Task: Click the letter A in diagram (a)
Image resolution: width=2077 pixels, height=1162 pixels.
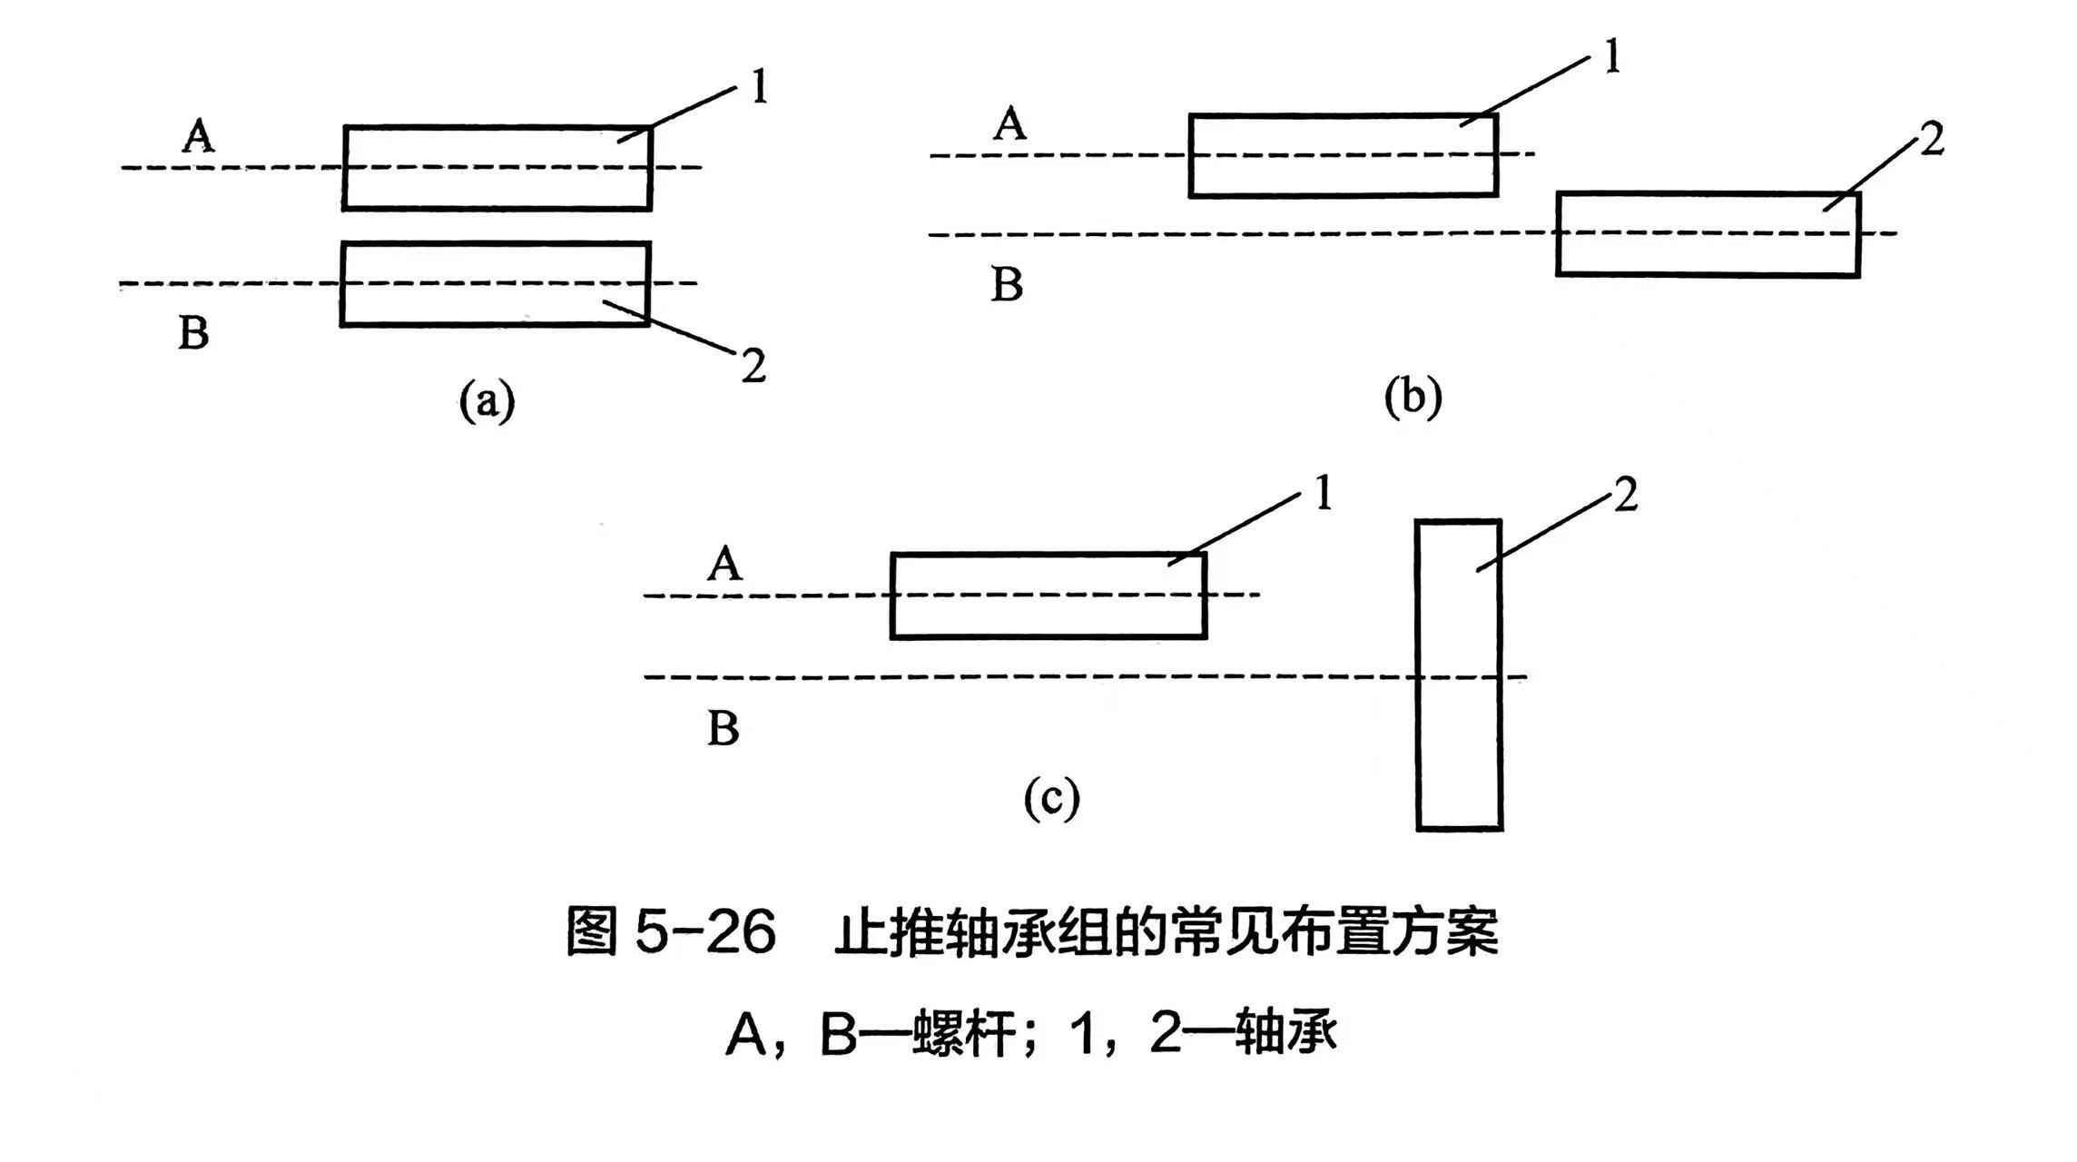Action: tap(199, 137)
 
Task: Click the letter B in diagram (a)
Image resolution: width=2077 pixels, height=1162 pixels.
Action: tap(193, 332)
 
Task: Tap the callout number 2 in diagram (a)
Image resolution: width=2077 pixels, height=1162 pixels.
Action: tap(753, 366)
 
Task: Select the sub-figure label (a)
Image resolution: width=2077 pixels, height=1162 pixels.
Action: tap(487, 400)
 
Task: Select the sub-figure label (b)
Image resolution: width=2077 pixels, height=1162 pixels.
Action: tap(1413, 397)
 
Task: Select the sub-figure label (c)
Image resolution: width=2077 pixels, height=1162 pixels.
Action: tap(1052, 798)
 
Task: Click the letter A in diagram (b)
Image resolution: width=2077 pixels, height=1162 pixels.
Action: tap(1009, 124)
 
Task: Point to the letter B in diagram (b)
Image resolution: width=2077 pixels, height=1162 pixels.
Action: tap(1007, 284)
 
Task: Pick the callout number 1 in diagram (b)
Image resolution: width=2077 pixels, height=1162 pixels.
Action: tap(1612, 58)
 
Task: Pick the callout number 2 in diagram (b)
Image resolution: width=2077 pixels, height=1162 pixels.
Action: tap(1932, 141)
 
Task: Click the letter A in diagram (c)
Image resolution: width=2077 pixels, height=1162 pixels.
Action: tap(724, 566)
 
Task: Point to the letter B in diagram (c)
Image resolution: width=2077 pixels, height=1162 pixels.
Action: tap(724, 729)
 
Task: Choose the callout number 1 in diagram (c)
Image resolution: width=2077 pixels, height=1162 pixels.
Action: tap(1323, 496)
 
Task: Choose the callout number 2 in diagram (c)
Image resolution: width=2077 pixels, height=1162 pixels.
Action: tap(1624, 497)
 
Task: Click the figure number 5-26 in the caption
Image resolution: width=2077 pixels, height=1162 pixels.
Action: tap(705, 931)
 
